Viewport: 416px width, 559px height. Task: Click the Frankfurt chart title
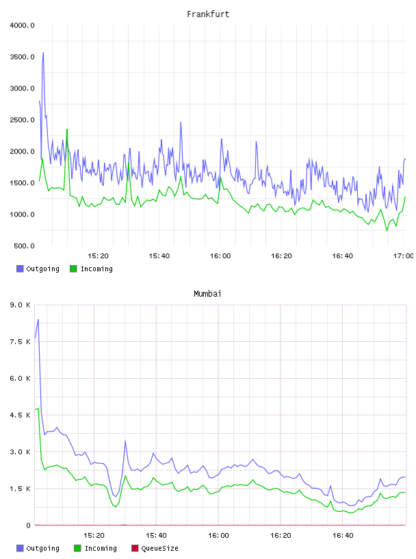208,14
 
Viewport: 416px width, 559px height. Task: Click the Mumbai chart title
207,293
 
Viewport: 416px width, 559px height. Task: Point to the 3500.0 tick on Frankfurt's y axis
22,57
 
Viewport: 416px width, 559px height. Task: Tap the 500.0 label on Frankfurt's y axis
24,246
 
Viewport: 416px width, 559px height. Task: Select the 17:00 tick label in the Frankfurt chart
403,256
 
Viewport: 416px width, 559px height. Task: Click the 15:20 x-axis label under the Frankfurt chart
98,256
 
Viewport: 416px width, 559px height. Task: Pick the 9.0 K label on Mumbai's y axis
20,305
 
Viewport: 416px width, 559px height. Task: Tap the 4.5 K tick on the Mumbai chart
20,415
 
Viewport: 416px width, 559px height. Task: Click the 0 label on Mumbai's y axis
28,525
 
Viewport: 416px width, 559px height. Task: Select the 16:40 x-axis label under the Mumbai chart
343,536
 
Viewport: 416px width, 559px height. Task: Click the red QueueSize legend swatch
135,548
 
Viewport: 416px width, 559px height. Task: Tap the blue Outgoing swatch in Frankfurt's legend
20,269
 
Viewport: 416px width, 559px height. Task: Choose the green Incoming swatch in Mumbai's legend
77,548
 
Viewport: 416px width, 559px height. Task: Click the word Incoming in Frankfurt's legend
96,269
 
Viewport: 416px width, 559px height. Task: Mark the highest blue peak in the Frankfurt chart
44,52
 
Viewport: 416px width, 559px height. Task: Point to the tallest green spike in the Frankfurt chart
67,129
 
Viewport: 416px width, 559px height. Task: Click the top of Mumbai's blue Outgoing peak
38,319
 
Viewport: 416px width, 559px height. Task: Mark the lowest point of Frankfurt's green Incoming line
387,231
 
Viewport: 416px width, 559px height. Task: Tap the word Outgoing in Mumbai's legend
42,548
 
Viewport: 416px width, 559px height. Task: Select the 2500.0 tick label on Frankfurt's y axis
22,120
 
